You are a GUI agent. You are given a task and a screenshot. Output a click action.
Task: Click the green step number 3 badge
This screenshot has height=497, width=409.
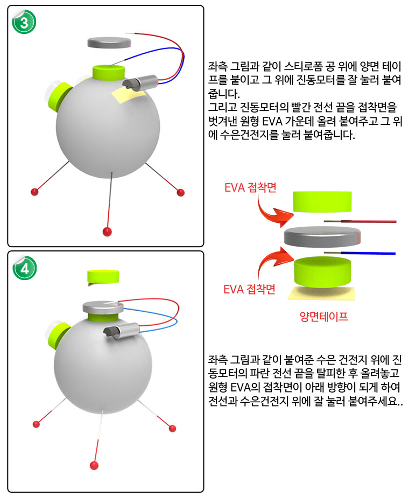pos(24,22)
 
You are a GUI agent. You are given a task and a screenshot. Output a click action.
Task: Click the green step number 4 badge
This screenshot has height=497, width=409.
pos(25,268)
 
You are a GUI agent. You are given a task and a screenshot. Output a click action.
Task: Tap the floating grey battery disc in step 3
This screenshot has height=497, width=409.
pos(109,43)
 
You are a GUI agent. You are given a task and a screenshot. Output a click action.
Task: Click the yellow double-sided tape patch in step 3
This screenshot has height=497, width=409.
pos(128,95)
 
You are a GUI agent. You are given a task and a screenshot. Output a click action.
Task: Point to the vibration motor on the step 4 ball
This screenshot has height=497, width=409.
pos(121,331)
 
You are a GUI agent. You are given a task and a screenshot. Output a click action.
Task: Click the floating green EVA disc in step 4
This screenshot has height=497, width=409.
pos(103,277)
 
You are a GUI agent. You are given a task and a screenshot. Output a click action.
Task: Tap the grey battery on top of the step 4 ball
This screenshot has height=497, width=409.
pos(103,307)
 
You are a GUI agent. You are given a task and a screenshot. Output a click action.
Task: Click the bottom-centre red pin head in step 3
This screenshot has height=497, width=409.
pos(108,232)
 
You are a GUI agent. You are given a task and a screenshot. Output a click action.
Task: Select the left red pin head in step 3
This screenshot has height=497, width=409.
pos(34,192)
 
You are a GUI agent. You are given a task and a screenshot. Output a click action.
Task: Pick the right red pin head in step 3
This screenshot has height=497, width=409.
pos(181,192)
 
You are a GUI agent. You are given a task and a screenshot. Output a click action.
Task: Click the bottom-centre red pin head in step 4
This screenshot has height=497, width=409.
pos(94,465)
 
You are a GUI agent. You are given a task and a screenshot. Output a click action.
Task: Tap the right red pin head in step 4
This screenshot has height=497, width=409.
pos(172,429)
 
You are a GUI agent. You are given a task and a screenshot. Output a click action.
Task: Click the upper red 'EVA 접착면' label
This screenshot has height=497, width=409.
pos(250,187)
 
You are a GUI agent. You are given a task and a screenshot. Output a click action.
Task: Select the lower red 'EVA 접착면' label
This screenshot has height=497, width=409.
pos(249,289)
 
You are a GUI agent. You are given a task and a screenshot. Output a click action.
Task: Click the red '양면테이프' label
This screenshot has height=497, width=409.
pos(324,316)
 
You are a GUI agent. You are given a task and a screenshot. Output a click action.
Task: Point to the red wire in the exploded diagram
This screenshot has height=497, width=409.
pos(360,221)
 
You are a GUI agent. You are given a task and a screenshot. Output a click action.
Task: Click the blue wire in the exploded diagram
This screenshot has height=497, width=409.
pos(359,253)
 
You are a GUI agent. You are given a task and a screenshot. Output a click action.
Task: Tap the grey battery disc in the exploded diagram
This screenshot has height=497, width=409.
pos(322,237)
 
